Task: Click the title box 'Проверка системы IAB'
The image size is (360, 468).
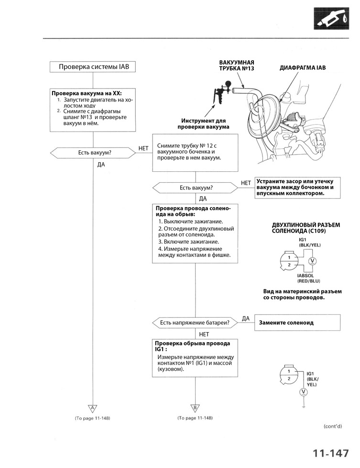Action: [90, 67]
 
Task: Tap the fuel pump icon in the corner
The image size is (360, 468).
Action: [334, 18]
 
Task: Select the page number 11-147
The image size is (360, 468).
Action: [331, 453]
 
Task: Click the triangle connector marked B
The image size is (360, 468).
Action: [195, 408]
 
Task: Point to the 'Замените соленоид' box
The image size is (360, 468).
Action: [297, 323]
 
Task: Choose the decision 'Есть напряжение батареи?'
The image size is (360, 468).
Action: [195, 323]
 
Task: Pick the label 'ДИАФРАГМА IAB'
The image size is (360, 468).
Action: [302, 68]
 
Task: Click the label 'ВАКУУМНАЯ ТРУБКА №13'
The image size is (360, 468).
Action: [236, 66]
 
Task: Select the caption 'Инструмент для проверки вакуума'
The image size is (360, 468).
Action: [203, 124]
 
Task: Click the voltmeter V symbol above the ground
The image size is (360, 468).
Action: [303, 392]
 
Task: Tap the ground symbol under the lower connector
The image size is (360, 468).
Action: [303, 407]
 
